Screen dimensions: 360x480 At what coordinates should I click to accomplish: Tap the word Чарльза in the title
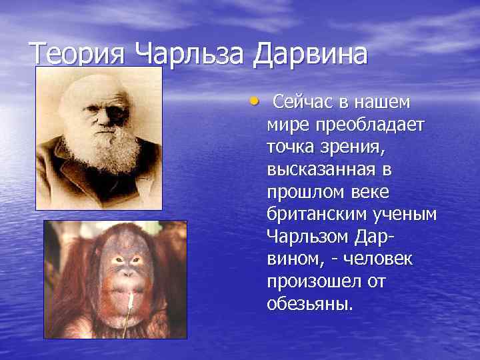pyautogui.click(x=190, y=53)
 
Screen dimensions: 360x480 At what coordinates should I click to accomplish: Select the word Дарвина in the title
pyautogui.click(x=309, y=53)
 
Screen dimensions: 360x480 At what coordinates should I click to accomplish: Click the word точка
pyautogui.click(x=291, y=147)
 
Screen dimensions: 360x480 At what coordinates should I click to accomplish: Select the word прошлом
pyautogui.click(x=304, y=193)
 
